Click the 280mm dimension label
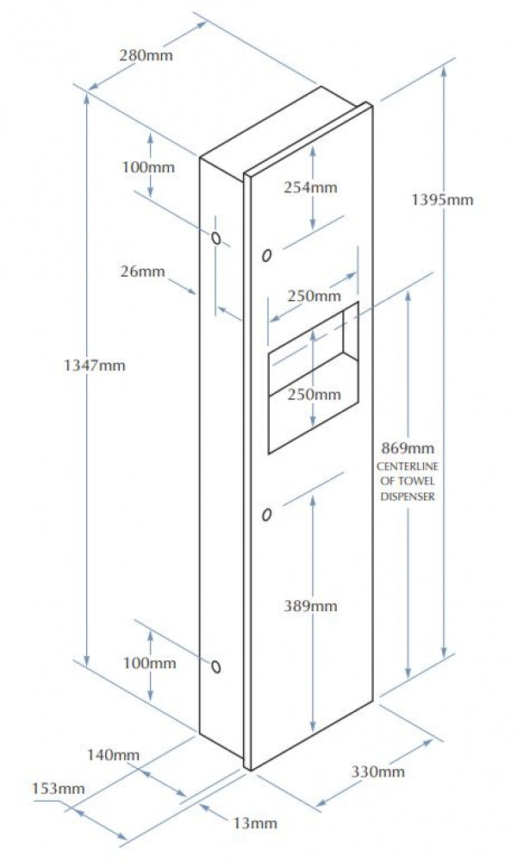coord(146,55)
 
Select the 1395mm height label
coord(442,199)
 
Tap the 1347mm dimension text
coord(95,365)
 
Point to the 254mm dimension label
coord(310,187)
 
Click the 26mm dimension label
coord(142,271)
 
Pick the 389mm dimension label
coord(310,606)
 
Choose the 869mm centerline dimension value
coord(407,448)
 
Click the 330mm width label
coord(378,771)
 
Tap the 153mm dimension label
coord(59,789)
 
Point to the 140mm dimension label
coord(113,755)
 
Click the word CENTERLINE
coord(407,466)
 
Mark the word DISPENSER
coord(407,497)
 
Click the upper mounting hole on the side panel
coord(216,239)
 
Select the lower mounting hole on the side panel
coord(216,666)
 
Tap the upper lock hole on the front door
coord(267,256)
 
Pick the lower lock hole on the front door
coord(267,515)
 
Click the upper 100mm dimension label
coord(148,166)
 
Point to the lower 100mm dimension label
coord(149,663)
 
